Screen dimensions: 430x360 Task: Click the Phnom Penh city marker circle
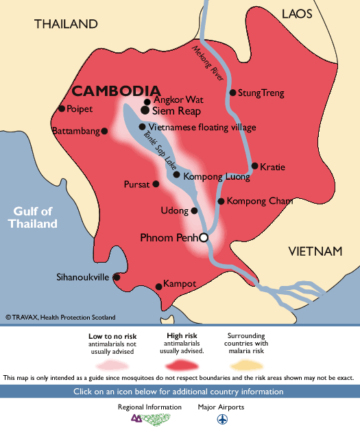click(203, 237)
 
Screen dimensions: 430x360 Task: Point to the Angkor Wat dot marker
click(146, 101)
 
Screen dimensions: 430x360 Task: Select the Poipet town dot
click(62, 108)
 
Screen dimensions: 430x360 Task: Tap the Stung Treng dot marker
click(232, 93)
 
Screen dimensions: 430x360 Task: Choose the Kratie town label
click(272, 166)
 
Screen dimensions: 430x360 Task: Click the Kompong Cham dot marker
click(221, 201)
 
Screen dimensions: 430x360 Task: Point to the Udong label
click(173, 211)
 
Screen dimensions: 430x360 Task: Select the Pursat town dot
click(156, 184)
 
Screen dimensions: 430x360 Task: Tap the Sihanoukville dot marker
click(116, 277)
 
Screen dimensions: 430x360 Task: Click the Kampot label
click(181, 284)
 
